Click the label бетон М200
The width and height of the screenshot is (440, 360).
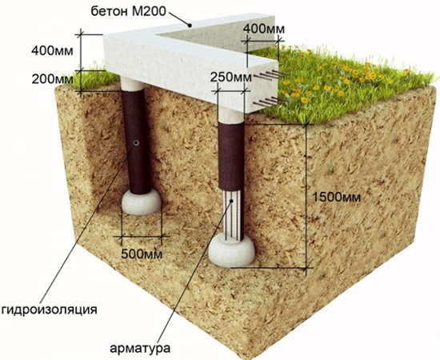tap(129, 11)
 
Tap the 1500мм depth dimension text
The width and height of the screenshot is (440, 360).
tap(336, 198)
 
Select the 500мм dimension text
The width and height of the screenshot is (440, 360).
tap(142, 254)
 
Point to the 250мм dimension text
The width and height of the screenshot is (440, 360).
tap(231, 78)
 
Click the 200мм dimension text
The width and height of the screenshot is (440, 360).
tap(52, 79)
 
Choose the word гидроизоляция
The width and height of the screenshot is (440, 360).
tap(49, 310)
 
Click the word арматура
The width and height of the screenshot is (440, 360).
tap(140, 349)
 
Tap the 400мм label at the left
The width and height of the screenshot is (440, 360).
tap(52, 51)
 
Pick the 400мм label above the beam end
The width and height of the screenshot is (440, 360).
tap(264, 29)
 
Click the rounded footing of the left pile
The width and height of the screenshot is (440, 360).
tap(142, 202)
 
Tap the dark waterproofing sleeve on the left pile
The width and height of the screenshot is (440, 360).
tap(137, 142)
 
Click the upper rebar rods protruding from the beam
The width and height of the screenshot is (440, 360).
tap(271, 75)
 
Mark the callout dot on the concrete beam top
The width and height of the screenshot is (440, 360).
tap(190, 26)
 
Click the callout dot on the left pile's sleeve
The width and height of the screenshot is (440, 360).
tap(136, 143)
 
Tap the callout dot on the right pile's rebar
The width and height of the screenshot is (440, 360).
tap(231, 201)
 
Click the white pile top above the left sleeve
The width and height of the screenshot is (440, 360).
tap(132, 83)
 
